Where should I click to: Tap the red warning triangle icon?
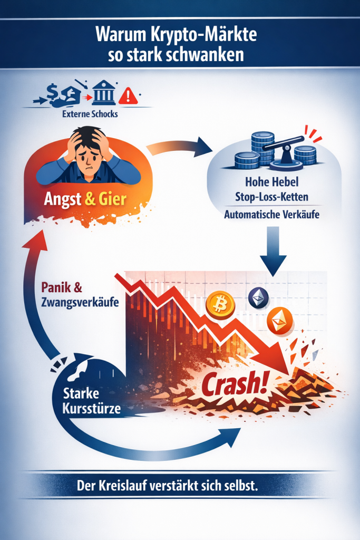pos(128,96)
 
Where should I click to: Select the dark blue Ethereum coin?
pos(258,298)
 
